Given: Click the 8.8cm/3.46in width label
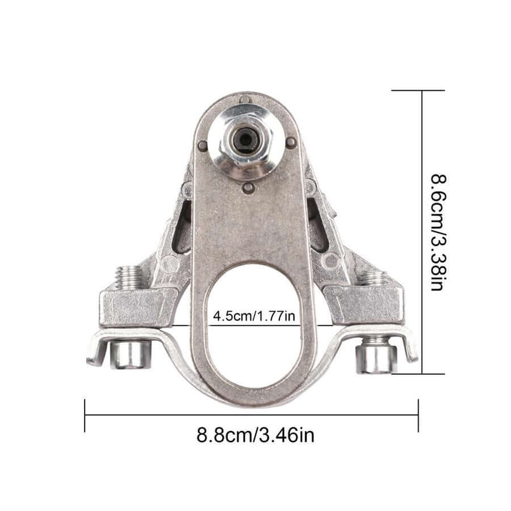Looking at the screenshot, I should coord(255,435).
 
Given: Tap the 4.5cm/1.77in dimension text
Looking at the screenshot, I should coord(254,316).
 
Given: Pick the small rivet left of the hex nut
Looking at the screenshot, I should coord(202,146).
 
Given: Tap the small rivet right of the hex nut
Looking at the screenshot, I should coord(290,142).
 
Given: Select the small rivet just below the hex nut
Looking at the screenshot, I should coord(248,187).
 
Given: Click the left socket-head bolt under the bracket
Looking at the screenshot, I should coord(130,354).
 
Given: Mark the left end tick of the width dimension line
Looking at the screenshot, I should coord(85,416).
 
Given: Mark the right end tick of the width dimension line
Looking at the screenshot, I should coord(418,416).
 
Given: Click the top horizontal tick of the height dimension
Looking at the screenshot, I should coord(418,90).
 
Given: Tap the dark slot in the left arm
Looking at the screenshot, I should coord(182,227).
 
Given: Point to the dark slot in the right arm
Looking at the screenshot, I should coord(317,224).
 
